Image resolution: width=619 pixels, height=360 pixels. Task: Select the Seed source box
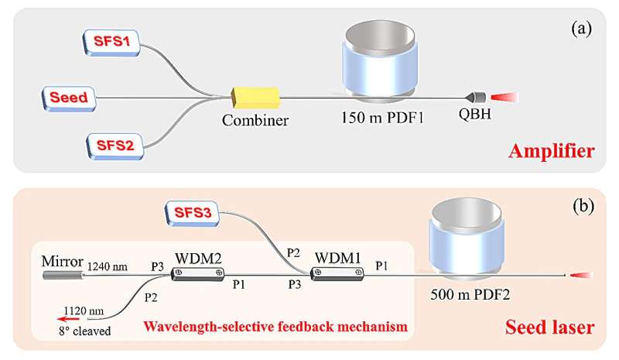(68, 98)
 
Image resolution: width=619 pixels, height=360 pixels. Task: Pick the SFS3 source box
(191, 211)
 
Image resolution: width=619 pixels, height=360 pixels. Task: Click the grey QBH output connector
(475, 98)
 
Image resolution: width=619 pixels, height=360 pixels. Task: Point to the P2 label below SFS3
(292, 251)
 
